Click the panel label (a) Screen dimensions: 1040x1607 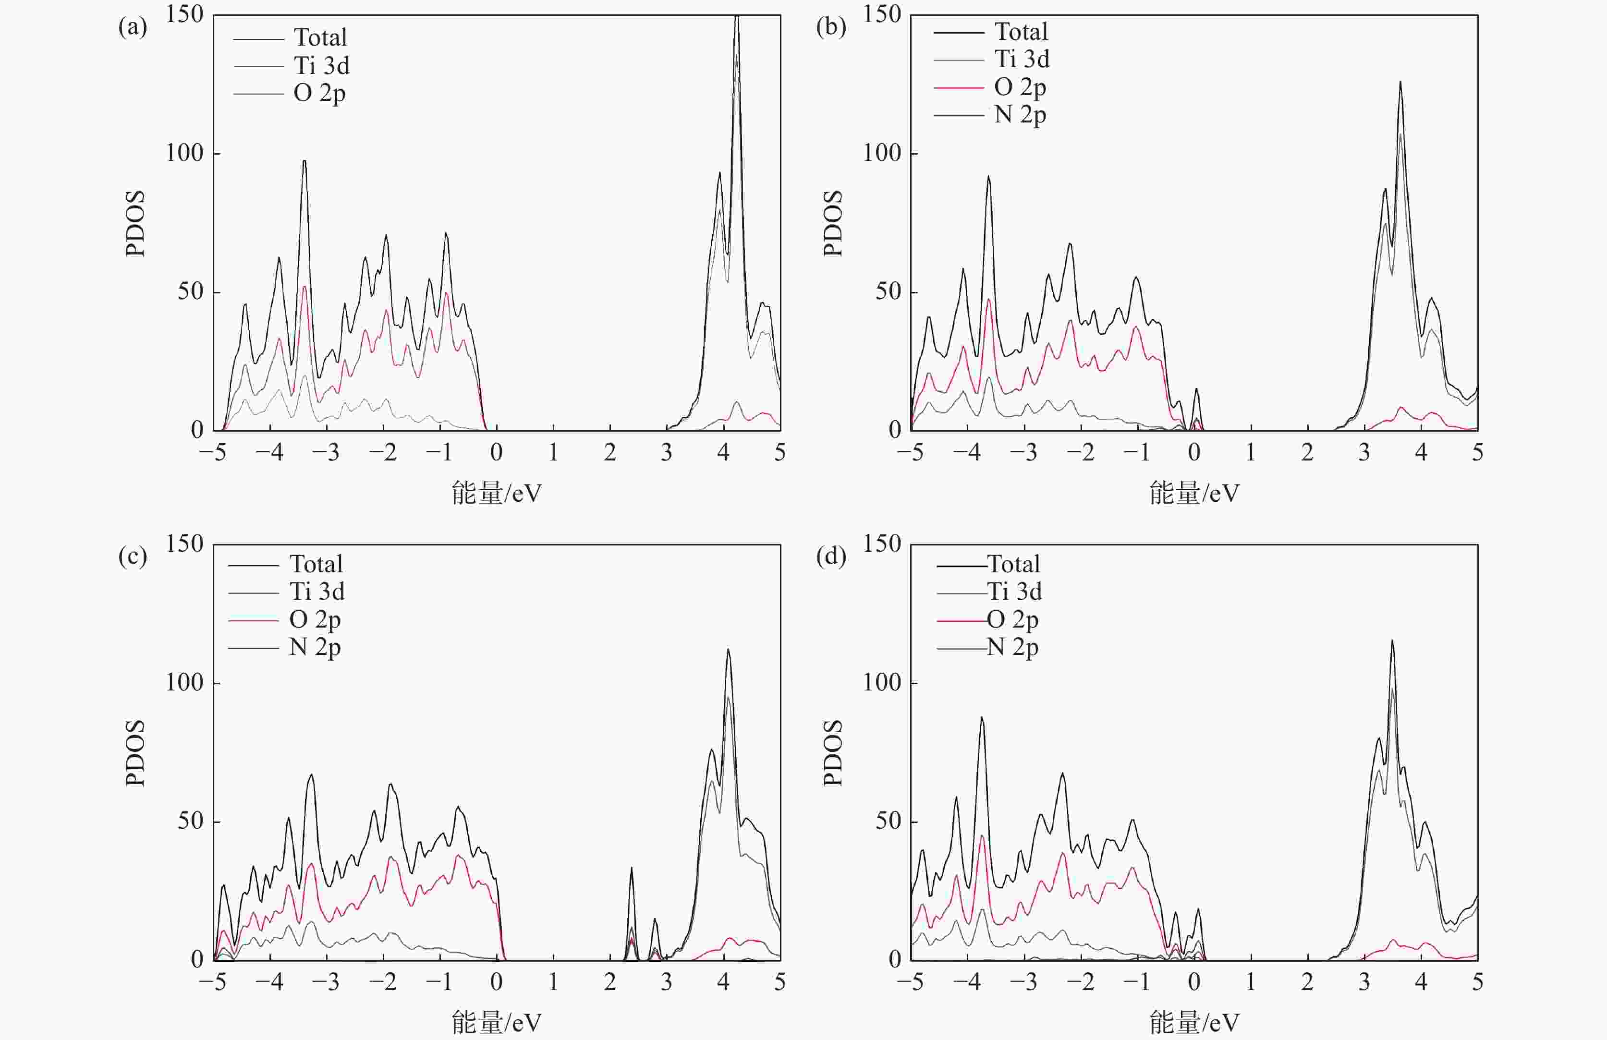[133, 28]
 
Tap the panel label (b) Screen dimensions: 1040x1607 [830, 28]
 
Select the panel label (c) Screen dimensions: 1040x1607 [133, 557]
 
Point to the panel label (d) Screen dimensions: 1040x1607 [830, 557]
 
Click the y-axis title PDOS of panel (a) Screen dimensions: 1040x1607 [135, 223]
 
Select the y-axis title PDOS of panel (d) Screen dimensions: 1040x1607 [833, 752]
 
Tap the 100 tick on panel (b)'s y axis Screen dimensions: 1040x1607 [882, 153]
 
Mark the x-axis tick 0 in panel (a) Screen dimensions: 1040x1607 [496, 452]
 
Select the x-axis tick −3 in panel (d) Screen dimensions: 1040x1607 [1023, 982]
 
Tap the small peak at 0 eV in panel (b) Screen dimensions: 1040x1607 [1196, 389]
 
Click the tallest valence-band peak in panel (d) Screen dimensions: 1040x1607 [982, 718]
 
